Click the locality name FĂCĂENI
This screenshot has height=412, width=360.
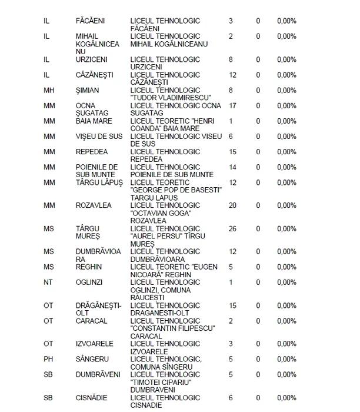[91, 21]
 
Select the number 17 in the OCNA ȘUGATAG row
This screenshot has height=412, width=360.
[232, 105]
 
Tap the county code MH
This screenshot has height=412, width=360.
[49, 90]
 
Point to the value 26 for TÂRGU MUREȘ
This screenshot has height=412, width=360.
[232, 228]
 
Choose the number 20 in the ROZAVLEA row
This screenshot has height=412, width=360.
[232, 205]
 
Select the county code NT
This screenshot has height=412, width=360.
[48, 283]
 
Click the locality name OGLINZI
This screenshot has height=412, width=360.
[89, 283]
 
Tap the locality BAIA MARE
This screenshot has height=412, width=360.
[94, 121]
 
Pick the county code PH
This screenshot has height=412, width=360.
[48, 359]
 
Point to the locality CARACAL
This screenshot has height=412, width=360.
[91, 321]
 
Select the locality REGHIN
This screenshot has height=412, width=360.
[89, 267]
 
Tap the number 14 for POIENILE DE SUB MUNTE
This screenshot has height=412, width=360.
[232, 167]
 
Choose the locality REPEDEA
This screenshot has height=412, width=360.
[92, 152]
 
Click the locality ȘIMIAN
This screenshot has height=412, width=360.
[88, 90]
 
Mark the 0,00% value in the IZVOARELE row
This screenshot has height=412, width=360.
[286, 344]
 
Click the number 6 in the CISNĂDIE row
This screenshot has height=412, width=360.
[231, 398]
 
